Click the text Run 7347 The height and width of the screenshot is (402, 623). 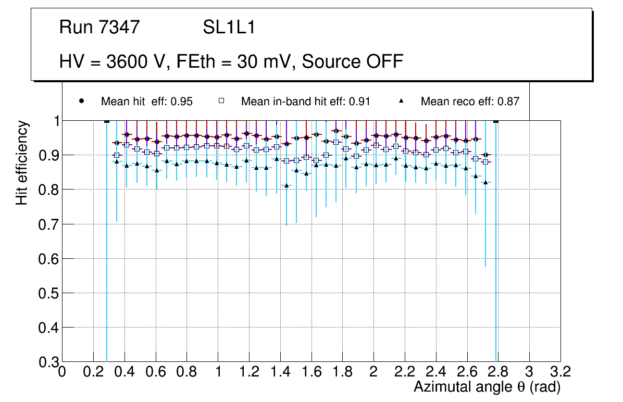[x=99, y=27]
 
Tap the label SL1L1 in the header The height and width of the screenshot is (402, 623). [x=229, y=27]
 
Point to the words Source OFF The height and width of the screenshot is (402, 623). [x=353, y=61]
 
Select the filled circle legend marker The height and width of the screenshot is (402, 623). [x=81, y=101]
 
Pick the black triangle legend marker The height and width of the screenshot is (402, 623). [x=401, y=101]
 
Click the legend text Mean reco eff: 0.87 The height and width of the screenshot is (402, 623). [x=470, y=102]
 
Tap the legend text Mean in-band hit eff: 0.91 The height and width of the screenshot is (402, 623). [x=305, y=102]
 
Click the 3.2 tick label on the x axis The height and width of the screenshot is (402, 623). [x=560, y=372]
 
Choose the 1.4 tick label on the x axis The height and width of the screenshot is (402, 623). [x=280, y=372]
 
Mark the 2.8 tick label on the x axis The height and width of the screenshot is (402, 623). [x=498, y=372]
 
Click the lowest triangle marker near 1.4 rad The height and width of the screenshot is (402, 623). [x=286, y=185]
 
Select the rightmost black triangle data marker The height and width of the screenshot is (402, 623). [x=485, y=182]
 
